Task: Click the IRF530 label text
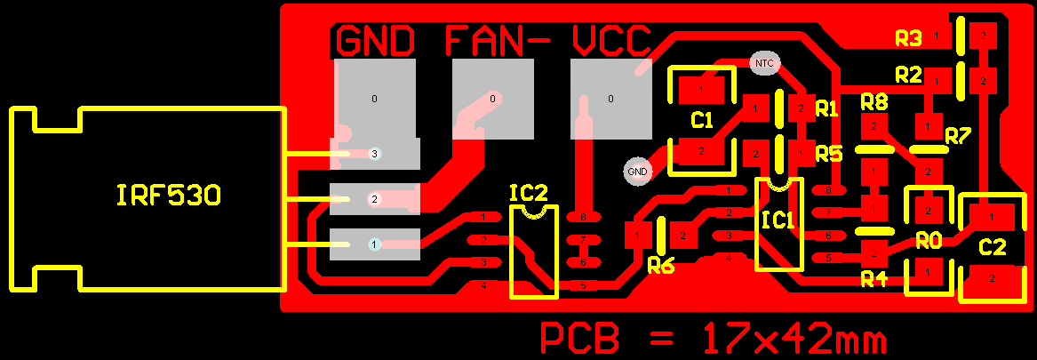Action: click(168, 196)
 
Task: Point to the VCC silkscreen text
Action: click(612, 41)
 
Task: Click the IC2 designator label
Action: click(529, 193)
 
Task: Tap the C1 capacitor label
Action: click(702, 120)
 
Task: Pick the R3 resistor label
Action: click(908, 38)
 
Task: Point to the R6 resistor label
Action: click(661, 264)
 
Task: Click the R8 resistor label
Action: click(874, 101)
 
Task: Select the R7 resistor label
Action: click(958, 136)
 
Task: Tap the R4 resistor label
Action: click(874, 280)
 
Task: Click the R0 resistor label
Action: click(929, 240)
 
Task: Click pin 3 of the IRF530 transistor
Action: click(375, 154)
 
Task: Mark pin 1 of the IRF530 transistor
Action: click(375, 244)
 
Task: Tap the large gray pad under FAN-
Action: click(492, 99)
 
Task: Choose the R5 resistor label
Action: click(828, 154)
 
